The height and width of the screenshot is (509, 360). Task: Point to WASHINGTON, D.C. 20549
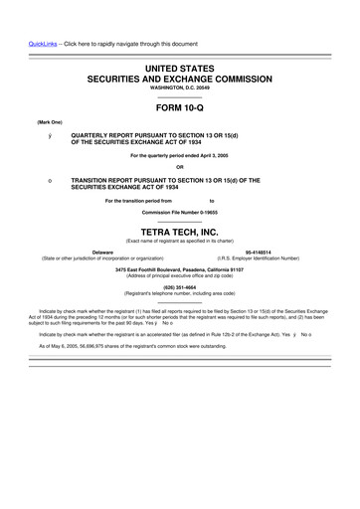180,86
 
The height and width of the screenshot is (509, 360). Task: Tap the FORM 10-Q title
180,106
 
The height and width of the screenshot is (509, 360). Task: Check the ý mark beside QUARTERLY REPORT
35,134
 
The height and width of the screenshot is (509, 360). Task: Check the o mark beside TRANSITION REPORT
35,180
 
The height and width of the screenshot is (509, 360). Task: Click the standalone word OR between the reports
180,166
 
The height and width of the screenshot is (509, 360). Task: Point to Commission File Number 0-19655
180,213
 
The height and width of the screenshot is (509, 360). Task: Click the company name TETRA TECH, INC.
180,231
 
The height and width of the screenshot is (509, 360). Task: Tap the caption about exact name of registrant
180,240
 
